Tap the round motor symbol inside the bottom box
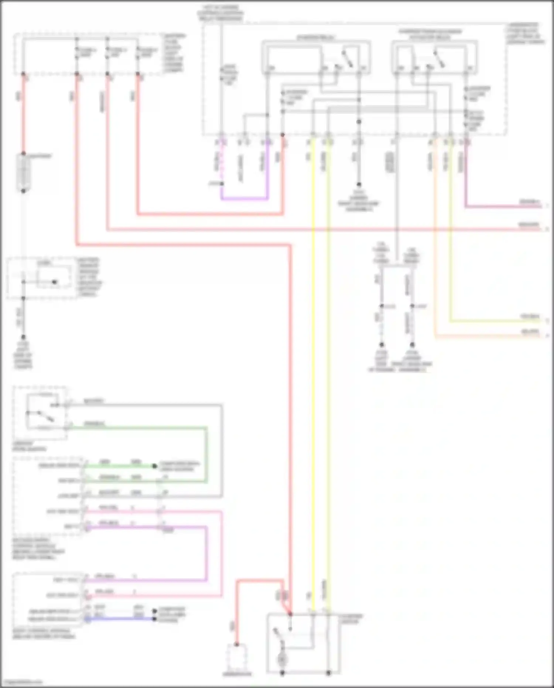(282, 658)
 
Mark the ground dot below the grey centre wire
(359, 184)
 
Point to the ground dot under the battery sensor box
(23, 337)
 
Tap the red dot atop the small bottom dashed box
(237, 645)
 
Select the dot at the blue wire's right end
(155, 618)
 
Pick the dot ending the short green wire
(155, 466)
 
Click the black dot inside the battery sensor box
(54, 282)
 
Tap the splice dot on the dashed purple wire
(222, 183)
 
